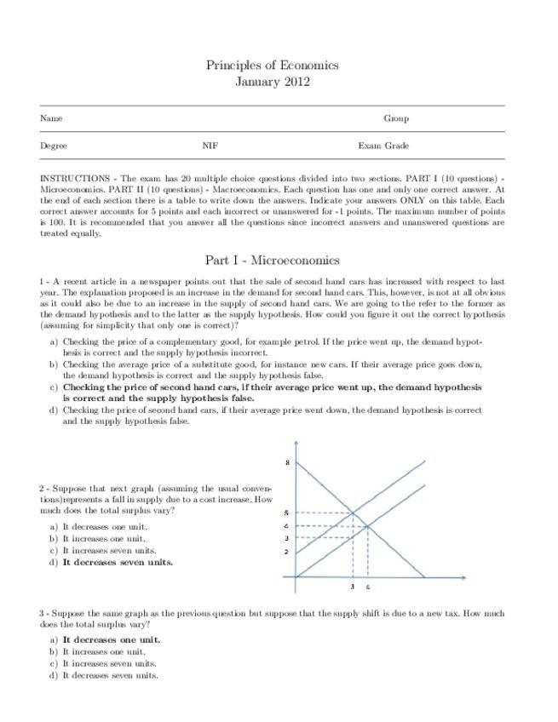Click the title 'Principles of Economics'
tap(272, 65)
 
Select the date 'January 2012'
tap(272, 82)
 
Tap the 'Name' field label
tap(51, 118)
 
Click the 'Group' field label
tap(395, 118)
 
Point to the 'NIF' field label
tap(210, 146)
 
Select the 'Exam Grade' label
tap(383, 146)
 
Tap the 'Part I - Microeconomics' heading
tap(272, 260)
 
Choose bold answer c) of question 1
tap(271, 392)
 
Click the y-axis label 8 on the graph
tap(287, 462)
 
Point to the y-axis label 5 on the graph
tap(287, 513)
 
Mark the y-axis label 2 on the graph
tap(287, 552)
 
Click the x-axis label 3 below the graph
tap(353, 587)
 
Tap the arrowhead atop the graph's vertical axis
tap(296, 444)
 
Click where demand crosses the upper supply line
tap(354, 513)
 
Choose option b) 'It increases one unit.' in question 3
tap(104, 651)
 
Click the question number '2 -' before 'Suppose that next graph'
tap(44, 489)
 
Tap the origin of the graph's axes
tap(296, 576)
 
